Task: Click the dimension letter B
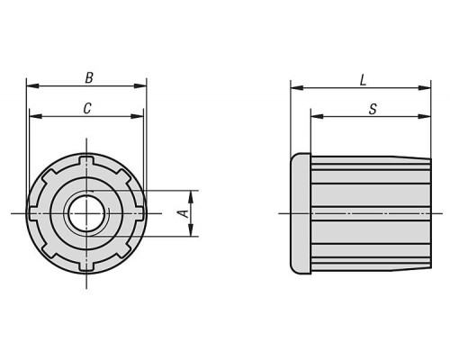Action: pos(89,77)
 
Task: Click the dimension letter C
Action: pos(87,108)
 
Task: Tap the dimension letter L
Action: pos(363,80)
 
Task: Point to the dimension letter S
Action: pos(373,109)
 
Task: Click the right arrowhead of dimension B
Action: pos(140,85)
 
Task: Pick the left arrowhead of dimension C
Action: pos(36,116)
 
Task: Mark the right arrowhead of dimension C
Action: pos(137,116)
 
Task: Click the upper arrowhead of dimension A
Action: pos(191,197)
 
